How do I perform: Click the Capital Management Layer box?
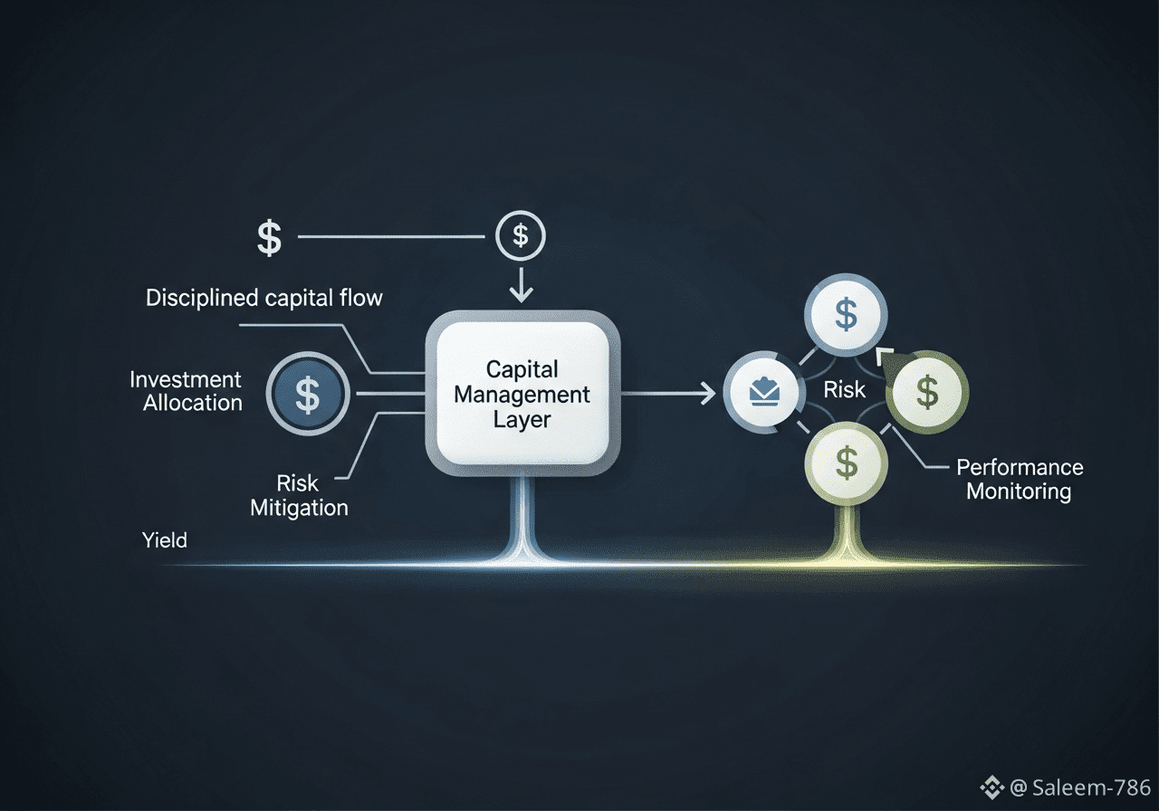point(522,395)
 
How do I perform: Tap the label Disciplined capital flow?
point(263,297)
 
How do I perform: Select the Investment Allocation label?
point(186,391)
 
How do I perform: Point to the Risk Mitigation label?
point(299,495)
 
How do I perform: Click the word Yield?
point(165,540)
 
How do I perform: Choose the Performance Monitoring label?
point(1019,480)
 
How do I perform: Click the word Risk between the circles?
point(845,390)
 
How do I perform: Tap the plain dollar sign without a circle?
point(269,237)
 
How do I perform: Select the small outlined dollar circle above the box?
point(521,236)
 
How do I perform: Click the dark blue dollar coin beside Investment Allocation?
point(308,395)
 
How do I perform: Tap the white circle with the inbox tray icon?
point(765,391)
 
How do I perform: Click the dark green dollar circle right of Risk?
point(927,392)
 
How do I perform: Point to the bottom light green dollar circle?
point(847,463)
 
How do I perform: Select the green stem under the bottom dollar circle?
point(847,530)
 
